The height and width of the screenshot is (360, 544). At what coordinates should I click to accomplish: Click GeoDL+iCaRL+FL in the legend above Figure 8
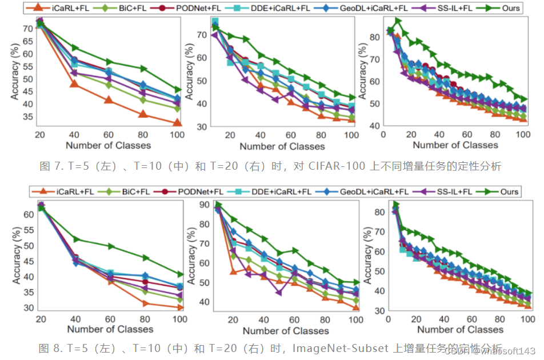click(x=373, y=191)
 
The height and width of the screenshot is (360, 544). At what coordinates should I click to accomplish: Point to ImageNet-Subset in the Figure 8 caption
click(x=331, y=347)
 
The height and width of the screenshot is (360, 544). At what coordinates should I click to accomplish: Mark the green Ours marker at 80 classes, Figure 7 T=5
click(x=143, y=69)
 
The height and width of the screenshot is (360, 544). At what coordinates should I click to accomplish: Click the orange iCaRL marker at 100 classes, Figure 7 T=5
click(x=177, y=122)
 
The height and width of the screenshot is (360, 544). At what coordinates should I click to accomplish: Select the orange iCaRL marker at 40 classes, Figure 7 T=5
click(x=74, y=84)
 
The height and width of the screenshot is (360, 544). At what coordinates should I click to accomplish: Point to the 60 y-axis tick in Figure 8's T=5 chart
click(x=27, y=214)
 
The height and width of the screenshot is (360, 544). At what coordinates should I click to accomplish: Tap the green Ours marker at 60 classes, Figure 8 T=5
click(x=109, y=246)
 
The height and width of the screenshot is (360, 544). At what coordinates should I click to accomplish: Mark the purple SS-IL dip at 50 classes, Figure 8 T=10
click(x=279, y=293)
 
